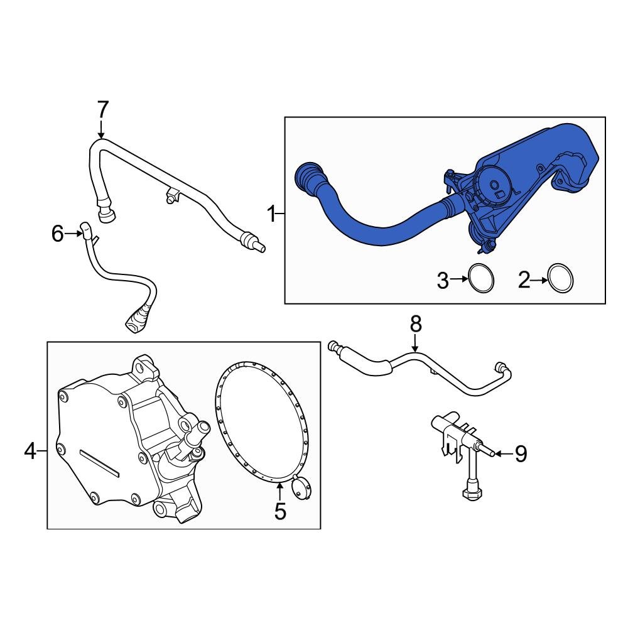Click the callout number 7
coord(102,110)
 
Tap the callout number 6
coord(57,234)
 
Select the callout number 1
coord(272,215)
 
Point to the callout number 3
coord(443,281)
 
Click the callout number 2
coord(524,281)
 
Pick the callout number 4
coord(30,450)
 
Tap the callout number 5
coord(279,511)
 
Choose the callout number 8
coord(416,325)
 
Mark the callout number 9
coord(521,453)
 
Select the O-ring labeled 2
coord(560,278)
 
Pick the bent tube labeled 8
coord(440,371)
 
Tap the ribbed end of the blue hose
coord(308,177)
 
